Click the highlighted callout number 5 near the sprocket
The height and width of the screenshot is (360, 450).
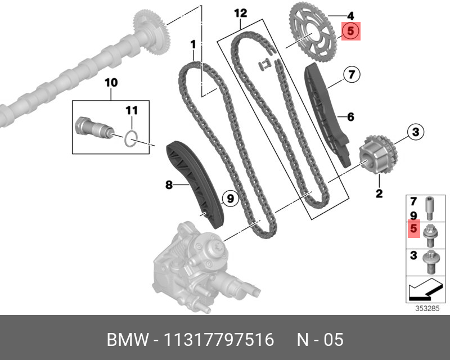[350, 31]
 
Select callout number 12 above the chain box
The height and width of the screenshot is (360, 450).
[240, 12]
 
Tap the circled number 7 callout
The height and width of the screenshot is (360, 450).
[350, 74]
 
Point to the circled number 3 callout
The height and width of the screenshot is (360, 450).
[415, 133]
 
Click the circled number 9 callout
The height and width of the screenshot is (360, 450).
[229, 197]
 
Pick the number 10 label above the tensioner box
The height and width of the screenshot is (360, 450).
[111, 83]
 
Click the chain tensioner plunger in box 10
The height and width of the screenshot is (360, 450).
[94, 129]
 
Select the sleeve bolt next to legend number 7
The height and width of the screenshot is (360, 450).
[430, 209]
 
